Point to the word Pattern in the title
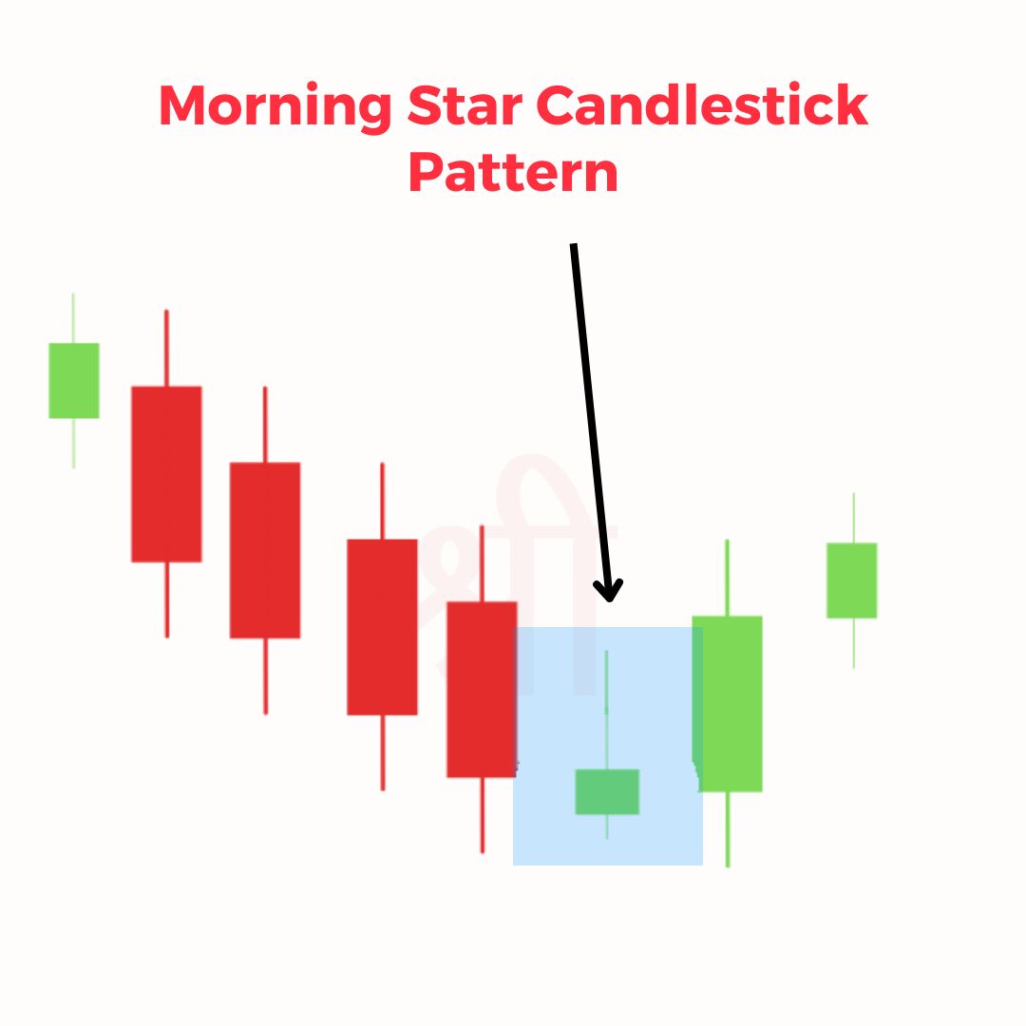(x=513, y=174)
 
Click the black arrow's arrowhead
(x=609, y=591)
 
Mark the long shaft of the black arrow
(x=589, y=408)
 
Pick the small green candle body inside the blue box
(x=607, y=791)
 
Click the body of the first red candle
(x=166, y=473)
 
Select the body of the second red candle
(x=265, y=549)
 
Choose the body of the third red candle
(x=382, y=626)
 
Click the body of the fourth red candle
(x=481, y=689)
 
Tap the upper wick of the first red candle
(x=166, y=348)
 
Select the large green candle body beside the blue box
(x=729, y=703)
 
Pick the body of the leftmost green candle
(x=74, y=380)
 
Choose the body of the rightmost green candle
(x=852, y=580)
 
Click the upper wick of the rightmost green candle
(x=853, y=518)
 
